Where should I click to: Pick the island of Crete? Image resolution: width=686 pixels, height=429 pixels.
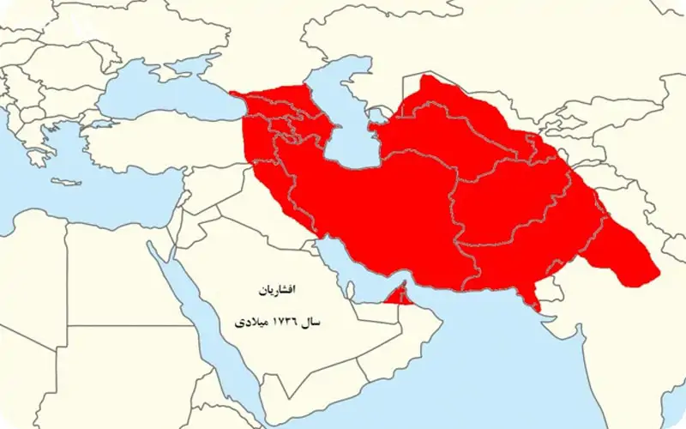pos(64,182)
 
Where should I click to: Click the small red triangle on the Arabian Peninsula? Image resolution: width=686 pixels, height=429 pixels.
pos(396,297)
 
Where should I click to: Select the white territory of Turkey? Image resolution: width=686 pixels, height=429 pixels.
pos(163,146)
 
